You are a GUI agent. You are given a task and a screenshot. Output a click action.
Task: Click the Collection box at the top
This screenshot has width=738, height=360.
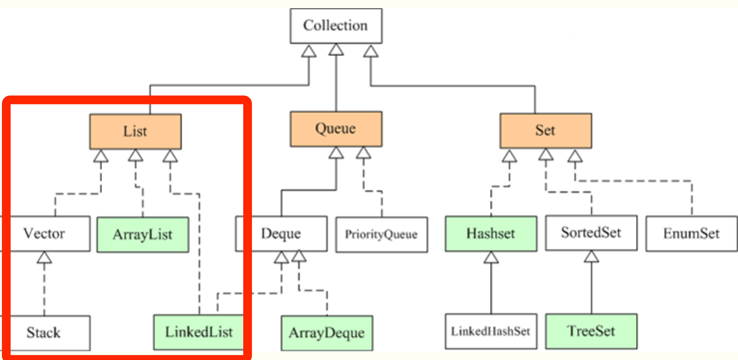click(x=336, y=25)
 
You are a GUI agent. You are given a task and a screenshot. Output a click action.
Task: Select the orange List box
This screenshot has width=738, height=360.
click(x=135, y=131)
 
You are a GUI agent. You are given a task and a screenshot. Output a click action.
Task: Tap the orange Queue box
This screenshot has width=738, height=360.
click(x=336, y=129)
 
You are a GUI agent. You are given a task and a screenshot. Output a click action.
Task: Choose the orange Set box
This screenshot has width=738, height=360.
click(x=545, y=130)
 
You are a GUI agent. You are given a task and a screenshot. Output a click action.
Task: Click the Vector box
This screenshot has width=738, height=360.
click(x=44, y=234)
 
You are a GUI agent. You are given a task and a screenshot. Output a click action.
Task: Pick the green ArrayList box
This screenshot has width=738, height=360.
click(x=143, y=235)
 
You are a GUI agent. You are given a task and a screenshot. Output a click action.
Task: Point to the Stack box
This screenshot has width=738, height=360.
click(x=44, y=332)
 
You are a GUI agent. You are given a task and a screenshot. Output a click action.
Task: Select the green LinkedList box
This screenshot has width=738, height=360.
click(x=198, y=332)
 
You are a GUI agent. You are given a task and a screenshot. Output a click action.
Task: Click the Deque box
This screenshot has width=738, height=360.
click(x=281, y=234)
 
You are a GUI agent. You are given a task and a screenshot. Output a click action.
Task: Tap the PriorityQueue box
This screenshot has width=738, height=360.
click(x=381, y=235)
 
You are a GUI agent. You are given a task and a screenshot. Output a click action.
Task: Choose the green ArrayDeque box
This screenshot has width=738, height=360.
click(x=326, y=333)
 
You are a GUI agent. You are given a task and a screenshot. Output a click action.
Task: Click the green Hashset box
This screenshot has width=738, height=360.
click(x=490, y=233)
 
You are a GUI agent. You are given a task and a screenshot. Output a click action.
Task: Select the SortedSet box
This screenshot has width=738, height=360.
click(x=591, y=233)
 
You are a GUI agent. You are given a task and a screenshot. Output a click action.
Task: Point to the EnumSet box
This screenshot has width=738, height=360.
click(x=691, y=234)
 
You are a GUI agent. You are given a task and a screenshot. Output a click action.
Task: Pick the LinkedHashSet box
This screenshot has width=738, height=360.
click(x=490, y=331)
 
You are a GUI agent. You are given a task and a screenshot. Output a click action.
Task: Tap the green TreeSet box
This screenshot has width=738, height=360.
click(x=591, y=331)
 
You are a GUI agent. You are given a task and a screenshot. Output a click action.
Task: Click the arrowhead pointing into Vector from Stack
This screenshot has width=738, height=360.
click(x=44, y=258)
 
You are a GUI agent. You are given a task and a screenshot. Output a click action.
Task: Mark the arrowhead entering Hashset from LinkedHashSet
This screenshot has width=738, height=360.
click(x=491, y=257)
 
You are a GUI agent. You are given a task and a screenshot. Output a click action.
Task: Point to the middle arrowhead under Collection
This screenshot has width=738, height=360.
click(x=336, y=49)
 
